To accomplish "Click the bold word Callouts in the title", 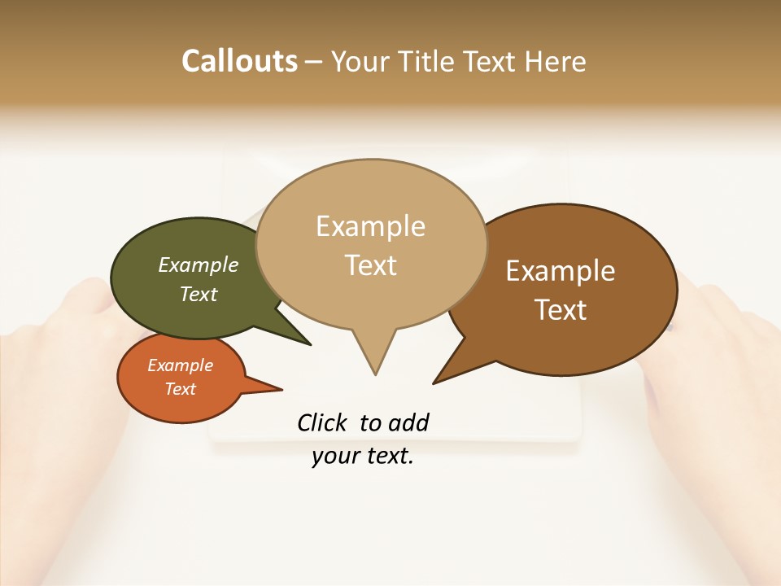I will click(239, 61).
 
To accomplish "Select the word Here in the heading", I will click(555, 61).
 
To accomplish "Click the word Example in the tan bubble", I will click(370, 226).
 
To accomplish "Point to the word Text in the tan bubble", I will click(370, 265).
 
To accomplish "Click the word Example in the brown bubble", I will click(561, 271).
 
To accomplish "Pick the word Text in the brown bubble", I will click(561, 310).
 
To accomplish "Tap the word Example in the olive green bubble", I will click(199, 265).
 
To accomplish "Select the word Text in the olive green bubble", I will click(199, 294).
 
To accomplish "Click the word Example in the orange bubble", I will click(180, 365).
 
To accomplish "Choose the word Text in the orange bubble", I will click(180, 389).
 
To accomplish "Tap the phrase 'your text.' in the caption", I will click(363, 457).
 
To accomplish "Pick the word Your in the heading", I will click(360, 61).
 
